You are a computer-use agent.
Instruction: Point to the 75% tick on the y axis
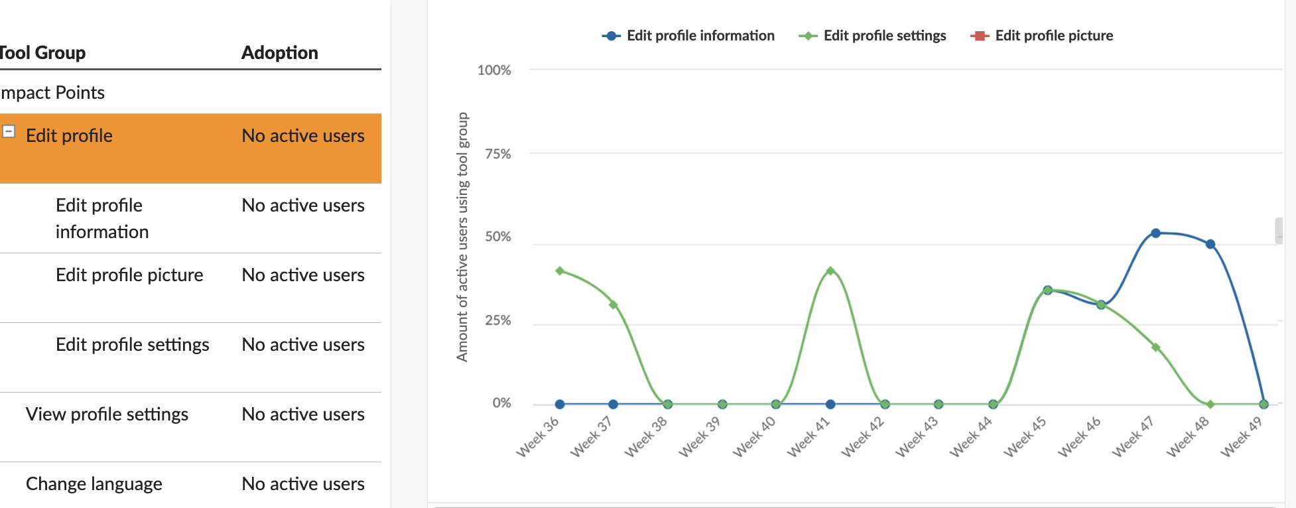tap(497, 154)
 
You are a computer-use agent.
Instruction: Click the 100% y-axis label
tap(494, 70)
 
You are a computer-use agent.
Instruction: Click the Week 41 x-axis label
tap(808, 437)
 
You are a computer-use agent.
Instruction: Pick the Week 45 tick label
tap(1024, 437)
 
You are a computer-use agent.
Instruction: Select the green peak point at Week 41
tap(830, 271)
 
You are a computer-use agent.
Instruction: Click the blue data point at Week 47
tap(1155, 233)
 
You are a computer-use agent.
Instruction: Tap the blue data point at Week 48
tap(1210, 244)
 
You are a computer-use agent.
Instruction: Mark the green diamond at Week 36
tap(560, 271)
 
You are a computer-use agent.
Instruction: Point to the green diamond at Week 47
tap(1156, 347)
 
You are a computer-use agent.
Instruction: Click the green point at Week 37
tap(614, 305)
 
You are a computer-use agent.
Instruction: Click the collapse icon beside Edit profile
tap(9, 131)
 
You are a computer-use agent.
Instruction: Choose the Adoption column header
tap(279, 52)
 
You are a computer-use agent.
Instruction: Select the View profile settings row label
tap(107, 414)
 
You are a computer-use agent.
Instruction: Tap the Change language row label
tap(94, 484)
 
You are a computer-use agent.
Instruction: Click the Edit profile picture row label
tap(129, 275)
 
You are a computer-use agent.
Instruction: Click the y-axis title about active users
tap(462, 237)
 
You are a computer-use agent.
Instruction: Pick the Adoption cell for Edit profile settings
tap(303, 345)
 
